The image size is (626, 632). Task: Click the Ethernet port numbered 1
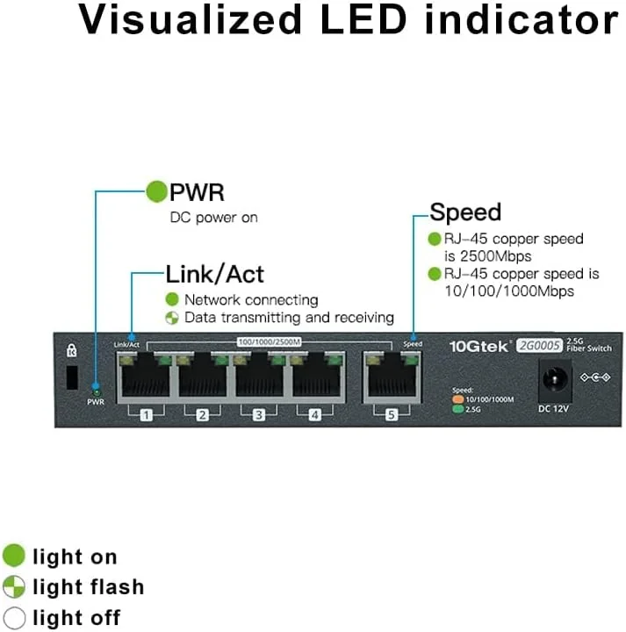point(146,378)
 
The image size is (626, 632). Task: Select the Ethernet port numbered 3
point(258,378)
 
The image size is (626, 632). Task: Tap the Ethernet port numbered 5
point(392,378)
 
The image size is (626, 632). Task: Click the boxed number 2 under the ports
point(202,415)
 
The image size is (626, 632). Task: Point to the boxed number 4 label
point(314,415)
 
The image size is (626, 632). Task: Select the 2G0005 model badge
point(539,345)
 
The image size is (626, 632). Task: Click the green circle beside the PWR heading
point(156,191)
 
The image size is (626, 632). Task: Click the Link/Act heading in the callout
point(214,274)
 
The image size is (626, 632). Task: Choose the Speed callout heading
point(465,212)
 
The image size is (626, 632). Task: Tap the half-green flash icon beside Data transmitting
point(172,318)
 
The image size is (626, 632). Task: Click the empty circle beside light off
point(15,617)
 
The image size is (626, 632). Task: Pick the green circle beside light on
point(15,556)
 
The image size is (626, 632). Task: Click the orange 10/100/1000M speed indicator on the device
point(457,399)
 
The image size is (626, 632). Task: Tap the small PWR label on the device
point(96,401)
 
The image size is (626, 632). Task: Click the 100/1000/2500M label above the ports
point(269,341)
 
